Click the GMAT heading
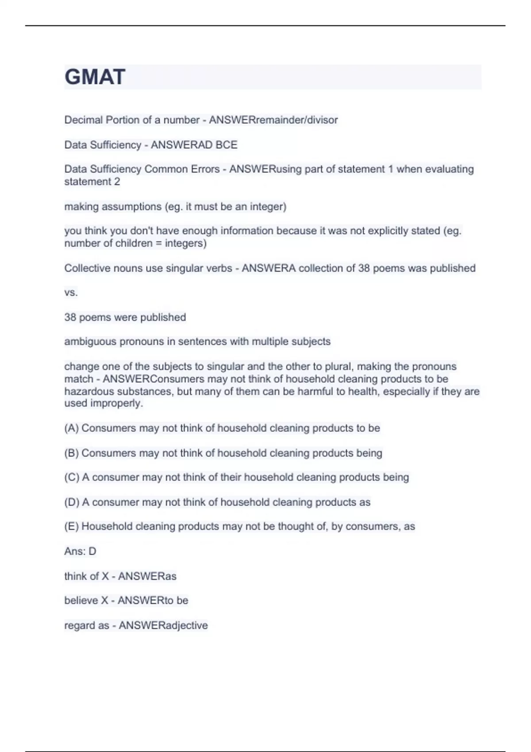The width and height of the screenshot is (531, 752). click(x=95, y=77)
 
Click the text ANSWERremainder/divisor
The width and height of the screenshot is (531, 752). click(x=273, y=120)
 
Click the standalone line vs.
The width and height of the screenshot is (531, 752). click(x=71, y=292)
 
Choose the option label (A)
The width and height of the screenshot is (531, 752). click(x=72, y=428)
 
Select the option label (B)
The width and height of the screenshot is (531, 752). click(x=72, y=453)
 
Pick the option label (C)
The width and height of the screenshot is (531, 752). click(x=72, y=477)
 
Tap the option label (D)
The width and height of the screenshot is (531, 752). click(x=72, y=502)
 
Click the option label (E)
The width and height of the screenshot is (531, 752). click(x=72, y=526)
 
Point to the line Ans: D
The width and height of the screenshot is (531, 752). click(x=80, y=551)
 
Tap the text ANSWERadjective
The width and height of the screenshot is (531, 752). click(x=163, y=625)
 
